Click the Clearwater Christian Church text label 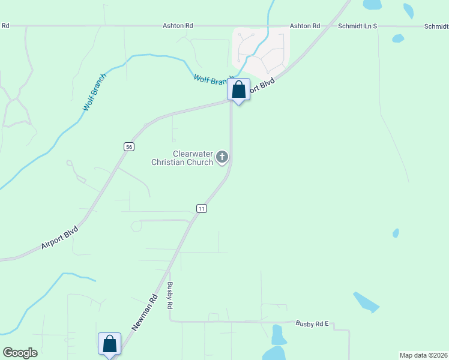coord(182,158)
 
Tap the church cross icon coord(222,157)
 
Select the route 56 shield coord(128,146)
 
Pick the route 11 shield coord(202,208)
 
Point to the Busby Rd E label coord(312,323)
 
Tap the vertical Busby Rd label coord(170,295)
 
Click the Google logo coord(20,353)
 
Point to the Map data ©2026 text coord(423,355)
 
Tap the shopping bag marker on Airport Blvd coord(238,91)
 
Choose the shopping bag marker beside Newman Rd coord(109,345)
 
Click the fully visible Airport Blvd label coord(59,238)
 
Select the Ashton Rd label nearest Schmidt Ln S coord(304,26)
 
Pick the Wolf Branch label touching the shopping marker coord(210,80)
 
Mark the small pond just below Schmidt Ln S coord(397,38)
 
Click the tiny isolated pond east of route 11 coord(396,233)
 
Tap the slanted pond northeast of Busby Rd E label coord(366,302)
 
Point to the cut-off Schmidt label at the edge coord(436,26)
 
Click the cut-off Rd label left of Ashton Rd coord(5,26)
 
